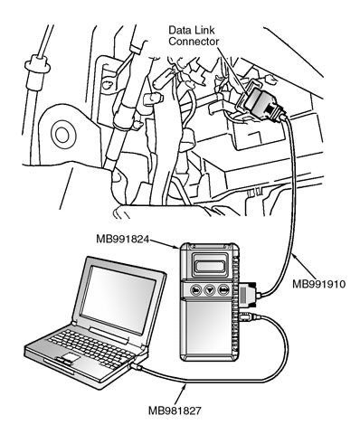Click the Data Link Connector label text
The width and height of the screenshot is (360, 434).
(x=194, y=35)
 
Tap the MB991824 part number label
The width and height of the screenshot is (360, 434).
(x=123, y=239)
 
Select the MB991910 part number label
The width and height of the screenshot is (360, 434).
(x=318, y=284)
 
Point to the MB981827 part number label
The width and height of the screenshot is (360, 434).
(x=175, y=410)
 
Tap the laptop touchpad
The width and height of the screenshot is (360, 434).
(x=70, y=358)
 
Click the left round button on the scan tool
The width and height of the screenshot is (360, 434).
(x=196, y=290)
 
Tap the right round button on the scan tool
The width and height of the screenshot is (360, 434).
(x=223, y=290)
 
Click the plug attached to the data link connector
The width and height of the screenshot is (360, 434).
(x=263, y=102)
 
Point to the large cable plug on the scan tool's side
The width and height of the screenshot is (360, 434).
(x=248, y=295)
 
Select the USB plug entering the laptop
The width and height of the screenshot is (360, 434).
(x=137, y=367)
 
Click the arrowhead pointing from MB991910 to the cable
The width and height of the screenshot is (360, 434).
(x=295, y=257)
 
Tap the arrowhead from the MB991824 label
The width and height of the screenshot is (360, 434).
(x=177, y=247)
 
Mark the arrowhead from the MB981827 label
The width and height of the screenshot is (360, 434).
(x=185, y=388)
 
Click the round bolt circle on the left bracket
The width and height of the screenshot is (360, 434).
(x=63, y=135)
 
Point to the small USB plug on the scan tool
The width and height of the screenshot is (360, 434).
(x=248, y=316)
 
